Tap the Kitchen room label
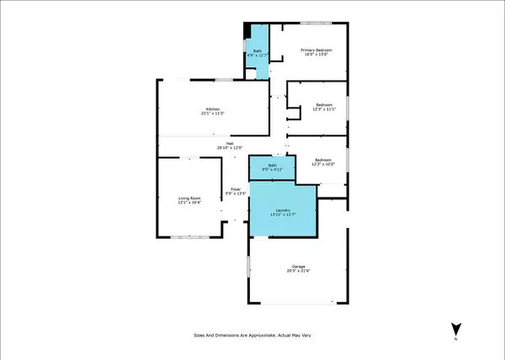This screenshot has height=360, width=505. pyautogui.click(x=214, y=109)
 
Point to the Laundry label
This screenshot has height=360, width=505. pyautogui.click(x=284, y=211)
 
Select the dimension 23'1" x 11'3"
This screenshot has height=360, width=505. pyautogui.click(x=214, y=114)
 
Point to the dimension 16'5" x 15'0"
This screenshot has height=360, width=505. pyautogui.click(x=318, y=56)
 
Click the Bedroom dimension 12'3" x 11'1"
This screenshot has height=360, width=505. pyautogui.click(x=324, y=109)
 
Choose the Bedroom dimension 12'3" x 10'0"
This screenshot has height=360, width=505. pyautogui.click(x=324, y=164)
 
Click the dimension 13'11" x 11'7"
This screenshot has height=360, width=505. pyautogui.click(x=284, y=216)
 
